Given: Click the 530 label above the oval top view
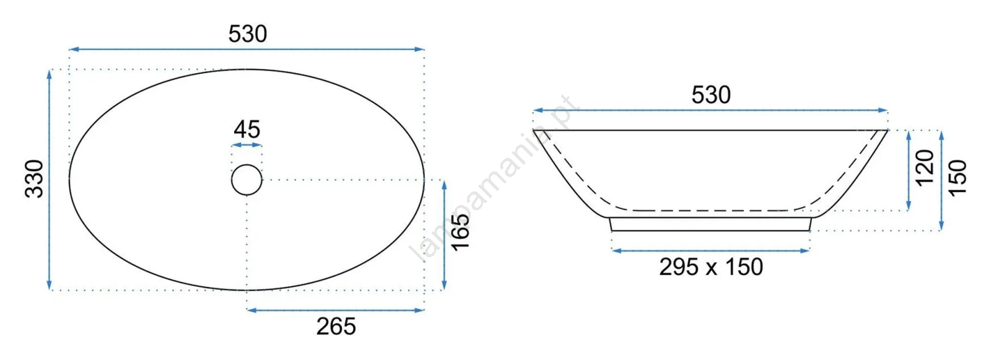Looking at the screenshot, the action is [248, 34].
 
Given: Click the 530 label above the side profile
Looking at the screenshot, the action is [711, 95].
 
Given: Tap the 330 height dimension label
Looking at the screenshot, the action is [34, 178].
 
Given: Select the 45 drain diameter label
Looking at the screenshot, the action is [247, 130].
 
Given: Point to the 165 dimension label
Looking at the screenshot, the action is [460, 232].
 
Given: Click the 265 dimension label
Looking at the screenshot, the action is [336, 327].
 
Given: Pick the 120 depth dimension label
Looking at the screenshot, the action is [925, 169].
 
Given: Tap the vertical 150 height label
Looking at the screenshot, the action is [958, 178].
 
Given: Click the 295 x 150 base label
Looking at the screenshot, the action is [711, 267].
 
